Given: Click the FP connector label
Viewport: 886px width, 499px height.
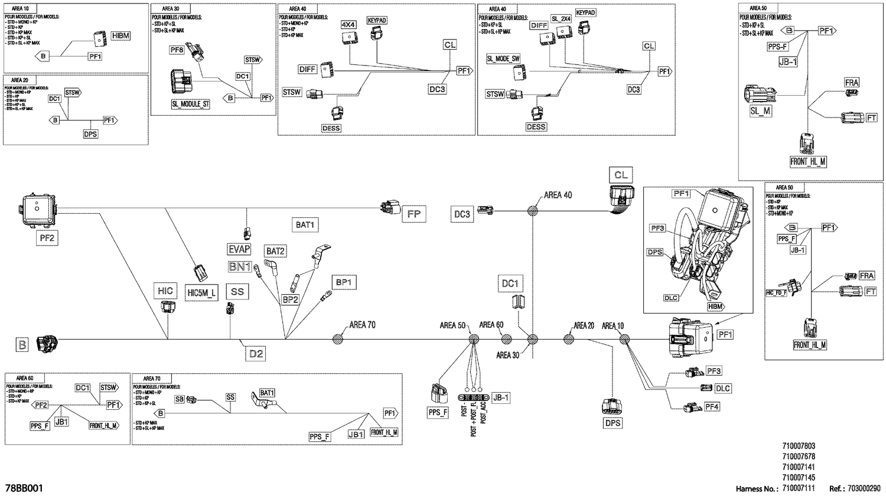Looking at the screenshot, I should pos(413,214).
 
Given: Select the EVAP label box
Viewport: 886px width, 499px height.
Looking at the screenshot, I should pos(239,249).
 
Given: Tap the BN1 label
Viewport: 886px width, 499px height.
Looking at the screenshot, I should pos(240,267).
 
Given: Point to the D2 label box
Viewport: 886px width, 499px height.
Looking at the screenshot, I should pos(256,354).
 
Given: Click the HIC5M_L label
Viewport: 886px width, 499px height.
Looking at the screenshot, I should pos(201,292).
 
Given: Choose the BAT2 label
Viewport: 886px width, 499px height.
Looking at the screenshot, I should pos(275,251).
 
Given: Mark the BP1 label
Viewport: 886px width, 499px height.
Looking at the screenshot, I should pos(343,282).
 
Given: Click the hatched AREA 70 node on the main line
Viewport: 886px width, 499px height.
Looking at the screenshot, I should pos(338,339).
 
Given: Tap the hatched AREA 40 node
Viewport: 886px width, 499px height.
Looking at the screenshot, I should pos(532,210).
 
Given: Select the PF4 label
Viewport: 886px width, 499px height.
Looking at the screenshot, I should pos(712,406).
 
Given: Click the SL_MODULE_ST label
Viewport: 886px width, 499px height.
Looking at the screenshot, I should pos(190,104).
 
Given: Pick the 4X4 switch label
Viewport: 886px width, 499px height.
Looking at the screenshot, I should pos(348,25).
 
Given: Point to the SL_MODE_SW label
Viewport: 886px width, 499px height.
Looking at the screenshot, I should pos(503,59).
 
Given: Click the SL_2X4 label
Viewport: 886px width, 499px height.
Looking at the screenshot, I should pos(561,19).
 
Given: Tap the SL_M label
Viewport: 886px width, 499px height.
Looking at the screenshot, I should pos(760,110).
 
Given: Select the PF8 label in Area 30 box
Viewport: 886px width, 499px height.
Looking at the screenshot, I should pos(177,50).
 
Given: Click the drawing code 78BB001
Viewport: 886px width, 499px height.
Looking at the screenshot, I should pos(24,488).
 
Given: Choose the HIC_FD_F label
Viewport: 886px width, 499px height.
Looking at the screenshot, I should pos(776,292).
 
